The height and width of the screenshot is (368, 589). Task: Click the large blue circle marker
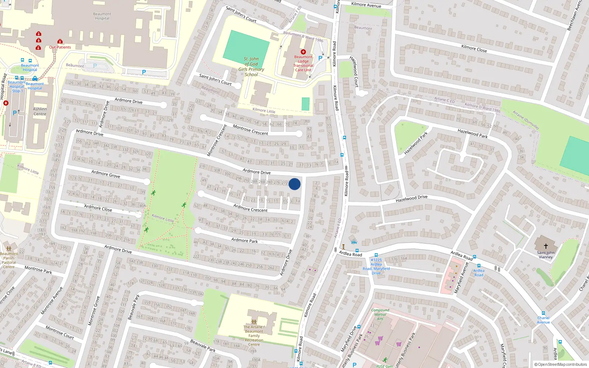tap(294, 184)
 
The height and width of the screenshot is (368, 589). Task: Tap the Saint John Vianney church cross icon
tap(546, 246)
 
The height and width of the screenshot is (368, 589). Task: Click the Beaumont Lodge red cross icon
tap(303, 52)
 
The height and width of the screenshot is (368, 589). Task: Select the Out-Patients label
tap(60, 47)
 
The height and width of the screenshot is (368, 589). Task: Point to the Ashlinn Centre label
tap(40, 112)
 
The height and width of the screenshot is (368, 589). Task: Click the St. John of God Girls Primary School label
tap(251, 67)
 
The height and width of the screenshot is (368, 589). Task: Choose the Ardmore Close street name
tap(98, 208)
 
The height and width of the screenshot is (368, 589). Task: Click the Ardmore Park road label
tap(244, 240)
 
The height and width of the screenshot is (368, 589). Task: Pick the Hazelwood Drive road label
tap(412, 199)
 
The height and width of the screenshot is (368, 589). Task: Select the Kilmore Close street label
tap(474, 48)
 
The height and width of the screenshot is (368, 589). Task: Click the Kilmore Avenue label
tap(366, 5)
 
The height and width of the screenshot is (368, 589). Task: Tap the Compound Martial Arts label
tap(380, 314)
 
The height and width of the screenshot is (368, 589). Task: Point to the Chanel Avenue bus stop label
tap(543, 320)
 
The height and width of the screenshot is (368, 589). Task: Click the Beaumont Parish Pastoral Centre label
tap(9, 260)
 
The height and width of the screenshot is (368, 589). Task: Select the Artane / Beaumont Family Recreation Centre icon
tap(254, 322)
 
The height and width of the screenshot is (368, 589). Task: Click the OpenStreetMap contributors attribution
tap(560, 364)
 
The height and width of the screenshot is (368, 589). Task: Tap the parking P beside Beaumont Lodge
tap(320, 58)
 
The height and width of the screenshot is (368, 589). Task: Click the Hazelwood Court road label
tap(354, 71)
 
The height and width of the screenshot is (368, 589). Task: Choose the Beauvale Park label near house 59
tap(203, 346)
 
